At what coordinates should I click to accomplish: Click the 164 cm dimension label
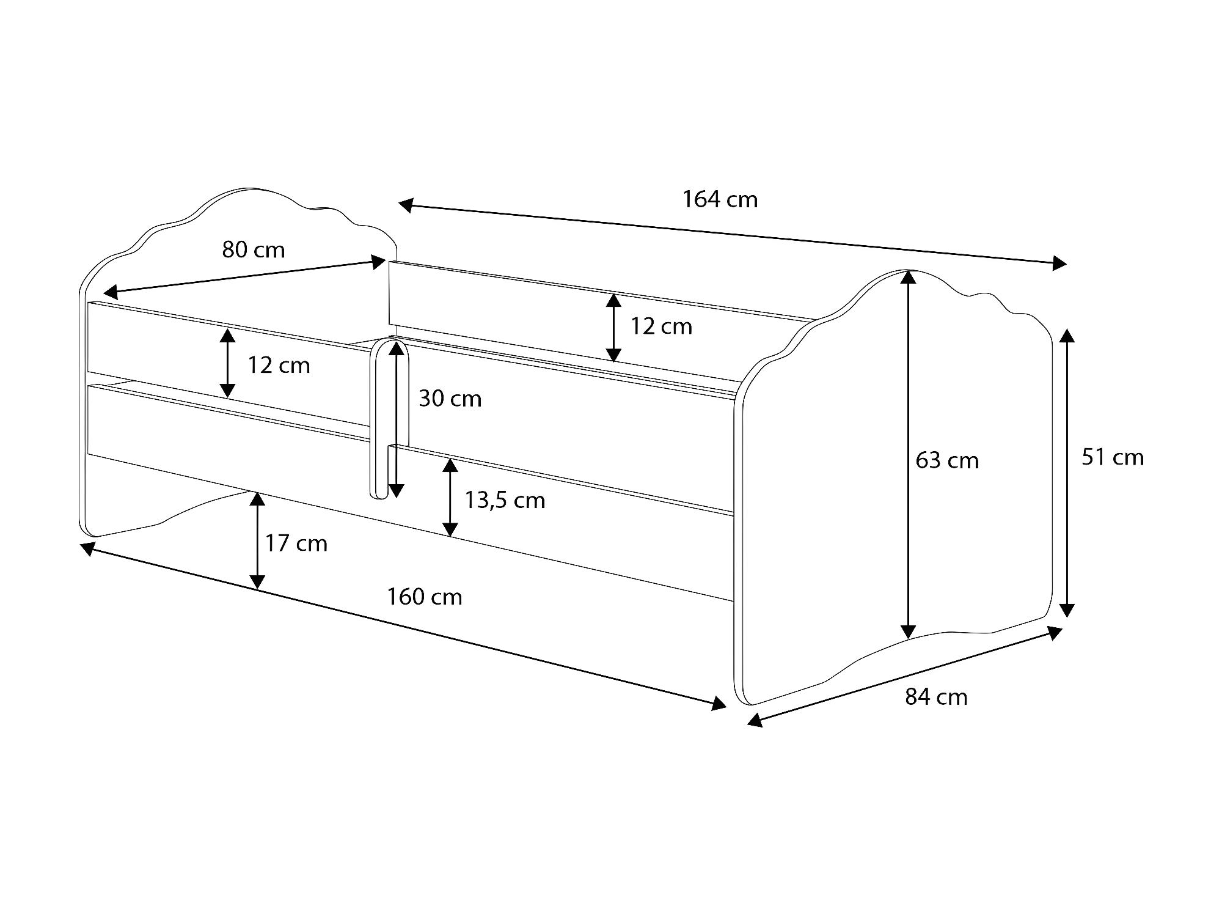point(720,199)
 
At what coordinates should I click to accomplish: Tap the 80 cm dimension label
point(254,249)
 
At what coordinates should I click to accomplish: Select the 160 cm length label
point(425,597)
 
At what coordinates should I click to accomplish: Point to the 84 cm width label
point(936,697)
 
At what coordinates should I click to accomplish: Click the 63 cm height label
point(947,460)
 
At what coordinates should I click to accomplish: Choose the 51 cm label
point(1113,457)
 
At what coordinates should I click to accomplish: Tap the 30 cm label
point(450,399)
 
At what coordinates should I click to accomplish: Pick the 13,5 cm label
point(505,500)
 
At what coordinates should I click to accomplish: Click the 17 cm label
point(296,543)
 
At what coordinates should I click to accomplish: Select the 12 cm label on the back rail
point(661,326)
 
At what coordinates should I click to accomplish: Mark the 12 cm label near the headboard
point(279,365)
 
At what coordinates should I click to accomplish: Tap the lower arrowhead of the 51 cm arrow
point(1067,609)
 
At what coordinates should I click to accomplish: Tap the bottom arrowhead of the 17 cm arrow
point(258,581)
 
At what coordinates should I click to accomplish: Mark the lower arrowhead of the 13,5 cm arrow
point(450,529)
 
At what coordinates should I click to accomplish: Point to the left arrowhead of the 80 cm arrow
point(110,290)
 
